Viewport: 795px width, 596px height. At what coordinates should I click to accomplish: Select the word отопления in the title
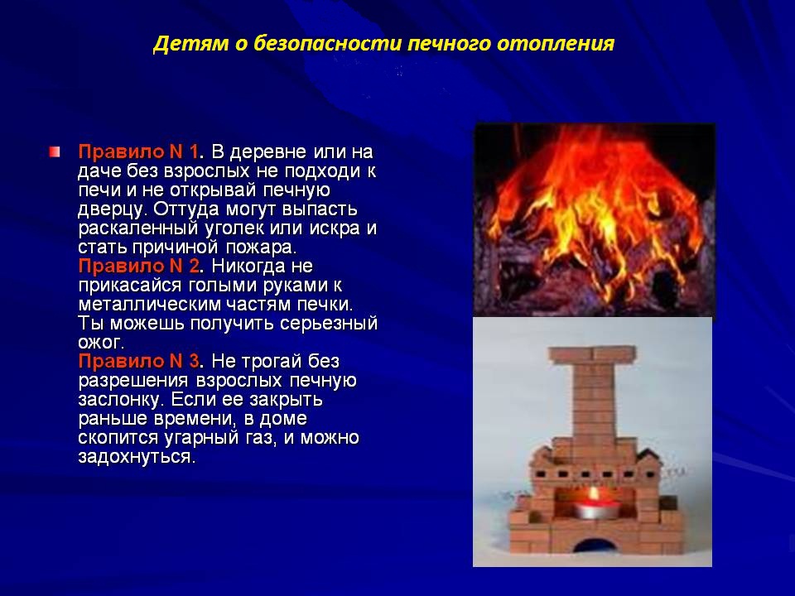pyautogui.click(x=556, y=45)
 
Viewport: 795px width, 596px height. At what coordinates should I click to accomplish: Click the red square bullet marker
pyautogui.click(x=55, y=151)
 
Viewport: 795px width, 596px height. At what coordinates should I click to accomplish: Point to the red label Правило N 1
pyautogui.click(x=138, y=151)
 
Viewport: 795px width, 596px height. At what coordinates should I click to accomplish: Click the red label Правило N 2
pyautogui.click(x=139, y=266)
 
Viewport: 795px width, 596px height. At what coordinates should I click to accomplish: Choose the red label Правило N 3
pyautogui.click(x=139, y=361)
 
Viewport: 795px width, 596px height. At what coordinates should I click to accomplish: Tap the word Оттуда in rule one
pyautogui.click(x=186, y=209)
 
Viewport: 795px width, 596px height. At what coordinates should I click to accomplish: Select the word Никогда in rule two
pyautogui.click(x=248, y=266)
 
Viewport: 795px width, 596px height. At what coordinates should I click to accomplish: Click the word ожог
pyautogui.click(x=99, y=343)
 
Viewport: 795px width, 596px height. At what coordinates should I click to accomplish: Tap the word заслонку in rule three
pyautogui.click(x=118, y=399)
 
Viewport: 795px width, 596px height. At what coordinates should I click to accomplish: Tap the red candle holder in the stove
pyautogui.click(x=596, y=510)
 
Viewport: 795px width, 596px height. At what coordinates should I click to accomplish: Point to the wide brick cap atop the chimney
pyautogui.click(x=592, y=355)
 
